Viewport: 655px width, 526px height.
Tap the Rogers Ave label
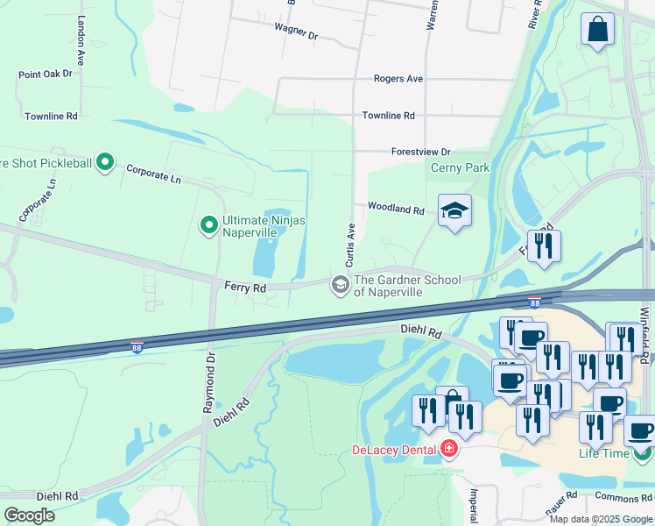(x=398, y=79)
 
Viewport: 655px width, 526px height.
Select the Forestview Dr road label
(x=420, y=152)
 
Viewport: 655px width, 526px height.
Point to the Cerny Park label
(x=460, y=167)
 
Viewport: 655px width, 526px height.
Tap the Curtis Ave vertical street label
(x=349, y=245)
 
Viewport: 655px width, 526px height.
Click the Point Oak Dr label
(x=45, y=75)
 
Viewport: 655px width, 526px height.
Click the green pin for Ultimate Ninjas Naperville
(x=208, y=226)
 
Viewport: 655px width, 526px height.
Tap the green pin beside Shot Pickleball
(x=105, y=162)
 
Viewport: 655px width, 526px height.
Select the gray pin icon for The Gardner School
(x=339, y=284)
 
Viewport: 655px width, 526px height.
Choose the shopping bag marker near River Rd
(x=597, y=29)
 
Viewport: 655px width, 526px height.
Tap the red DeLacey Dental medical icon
(x=449, y=449)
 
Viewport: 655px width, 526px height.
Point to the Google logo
(x=29, y=515)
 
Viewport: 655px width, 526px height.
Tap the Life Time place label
(x=603, y=453)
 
